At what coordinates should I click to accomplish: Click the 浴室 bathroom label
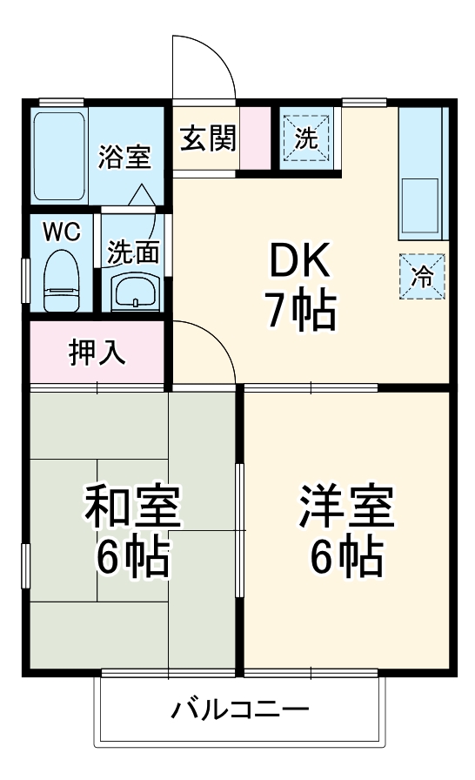click(x=124, y=157)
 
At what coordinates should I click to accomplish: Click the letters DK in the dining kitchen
click(x=298, y=259)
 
